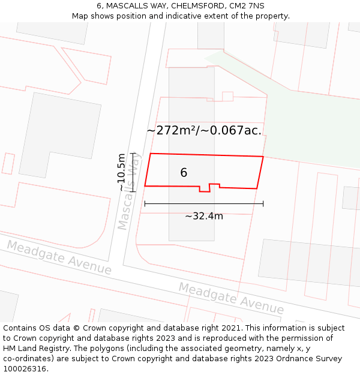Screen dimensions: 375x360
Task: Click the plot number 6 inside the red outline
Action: [184, 173]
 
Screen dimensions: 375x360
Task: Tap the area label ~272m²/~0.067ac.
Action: [204, 130]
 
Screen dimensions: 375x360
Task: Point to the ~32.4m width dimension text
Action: [203, 216]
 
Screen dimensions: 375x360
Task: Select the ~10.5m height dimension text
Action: [122, 172]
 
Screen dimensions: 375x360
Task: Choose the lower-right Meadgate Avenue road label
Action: [231, 298]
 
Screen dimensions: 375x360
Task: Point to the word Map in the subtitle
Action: [81, 16]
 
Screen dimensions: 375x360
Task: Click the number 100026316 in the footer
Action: [25, 369]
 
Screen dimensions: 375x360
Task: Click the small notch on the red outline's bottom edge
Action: [209, 188]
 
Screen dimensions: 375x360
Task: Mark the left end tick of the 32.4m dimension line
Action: [145, 204]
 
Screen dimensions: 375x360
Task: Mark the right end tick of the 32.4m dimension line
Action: [263, 204]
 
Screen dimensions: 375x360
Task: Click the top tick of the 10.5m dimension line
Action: [133, 153]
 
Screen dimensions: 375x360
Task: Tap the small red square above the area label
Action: [227, 96]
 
